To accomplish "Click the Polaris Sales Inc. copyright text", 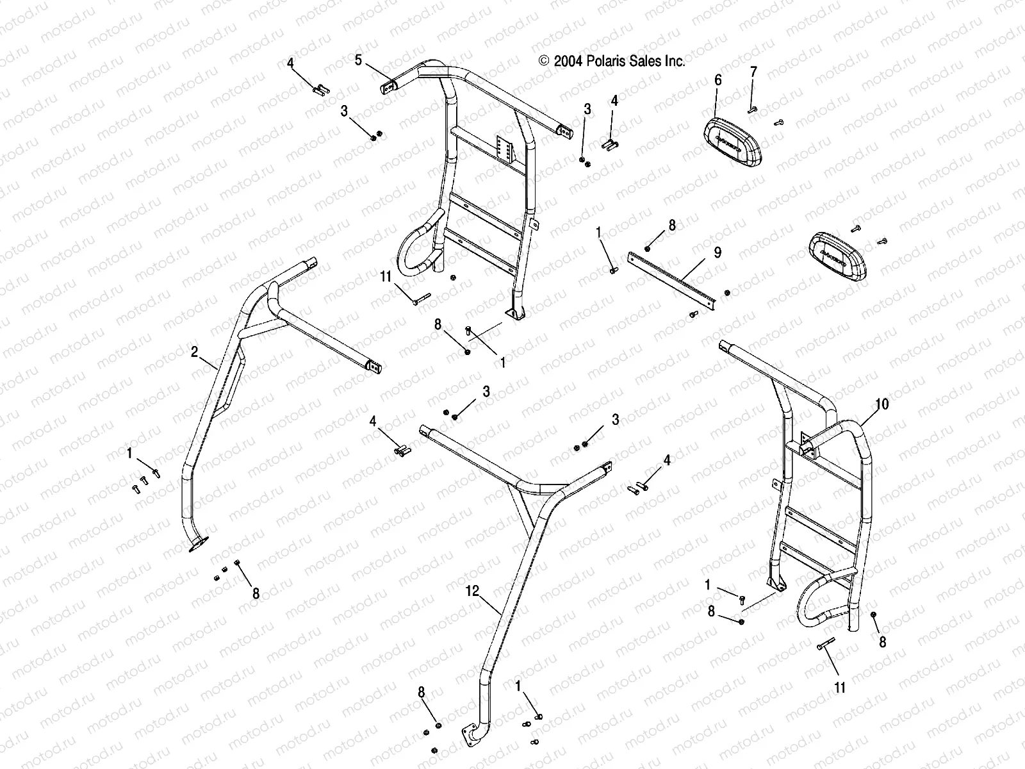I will pyautogui.click(x=612, y=61).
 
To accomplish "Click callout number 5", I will pyautogui.click(x=359, y=60).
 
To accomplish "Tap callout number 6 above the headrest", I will pyautogui.click(x=717, y=79).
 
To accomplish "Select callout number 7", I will pyautogui.click(x=753, y=71).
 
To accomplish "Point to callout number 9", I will pyautogui.click(x=717, y=252).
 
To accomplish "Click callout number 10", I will pyautogui.click(x=882, y=404).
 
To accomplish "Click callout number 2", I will pyautogui.click(x=194, y=351).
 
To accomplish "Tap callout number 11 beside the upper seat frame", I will pyautogui.click(x=402, y=277).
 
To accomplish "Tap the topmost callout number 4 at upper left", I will pyautogui.click(x=290, y=63).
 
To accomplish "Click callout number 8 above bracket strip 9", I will pyautogui.click(x=671, y=225).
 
